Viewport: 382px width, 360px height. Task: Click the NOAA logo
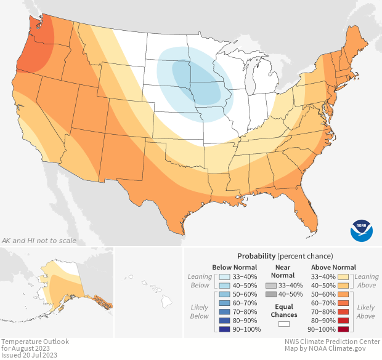click(362, 229)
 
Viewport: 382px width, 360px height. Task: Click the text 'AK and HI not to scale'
click(39, 241)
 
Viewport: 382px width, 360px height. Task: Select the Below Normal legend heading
click(234, 267)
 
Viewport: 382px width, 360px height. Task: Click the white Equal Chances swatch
click(284, 323)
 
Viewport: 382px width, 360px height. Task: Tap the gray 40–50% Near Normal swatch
click(270, 295)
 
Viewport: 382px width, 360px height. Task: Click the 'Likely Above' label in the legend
click(365, 311)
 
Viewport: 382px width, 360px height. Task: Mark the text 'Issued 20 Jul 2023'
click(30, 355)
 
